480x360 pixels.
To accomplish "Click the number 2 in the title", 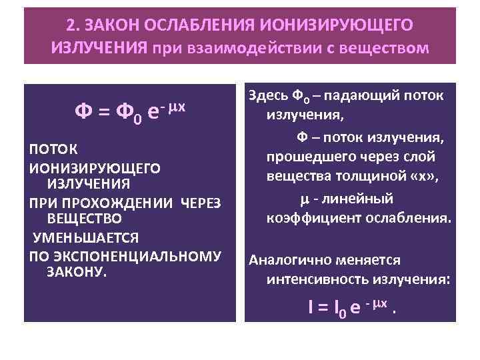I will (x=71, y=25).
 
